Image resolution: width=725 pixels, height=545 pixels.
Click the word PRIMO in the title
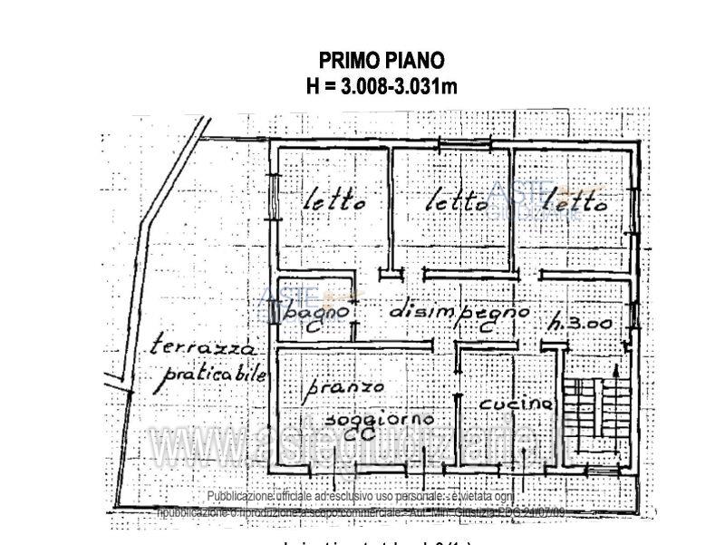pyautogui.click(x=349, y=61)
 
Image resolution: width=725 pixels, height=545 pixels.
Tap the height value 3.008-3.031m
pyautogui.click(x=399, y=87)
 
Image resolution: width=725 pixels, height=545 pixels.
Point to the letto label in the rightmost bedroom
pyautogui.click(x=575, y=204)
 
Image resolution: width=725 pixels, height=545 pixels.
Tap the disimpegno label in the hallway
pyautogui.click(x=459, y=310)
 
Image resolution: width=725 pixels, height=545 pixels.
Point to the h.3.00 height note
pyautogui.click(x=577, y=323)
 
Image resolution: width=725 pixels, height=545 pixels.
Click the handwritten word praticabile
pyautogui.click(x=210, y=372)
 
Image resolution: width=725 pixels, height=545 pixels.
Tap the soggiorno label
pyautogui.click(x=378, y=421)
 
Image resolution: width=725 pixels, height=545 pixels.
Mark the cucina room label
pyautogui.click(x=516, y=403)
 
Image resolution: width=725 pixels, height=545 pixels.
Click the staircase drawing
pyautogui.click(x=594, y=409)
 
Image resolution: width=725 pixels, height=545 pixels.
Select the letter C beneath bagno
pyautogui.click(x=312, y=327)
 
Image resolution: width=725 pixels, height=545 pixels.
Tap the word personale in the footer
pyautogui.click(x=415, y=497)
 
